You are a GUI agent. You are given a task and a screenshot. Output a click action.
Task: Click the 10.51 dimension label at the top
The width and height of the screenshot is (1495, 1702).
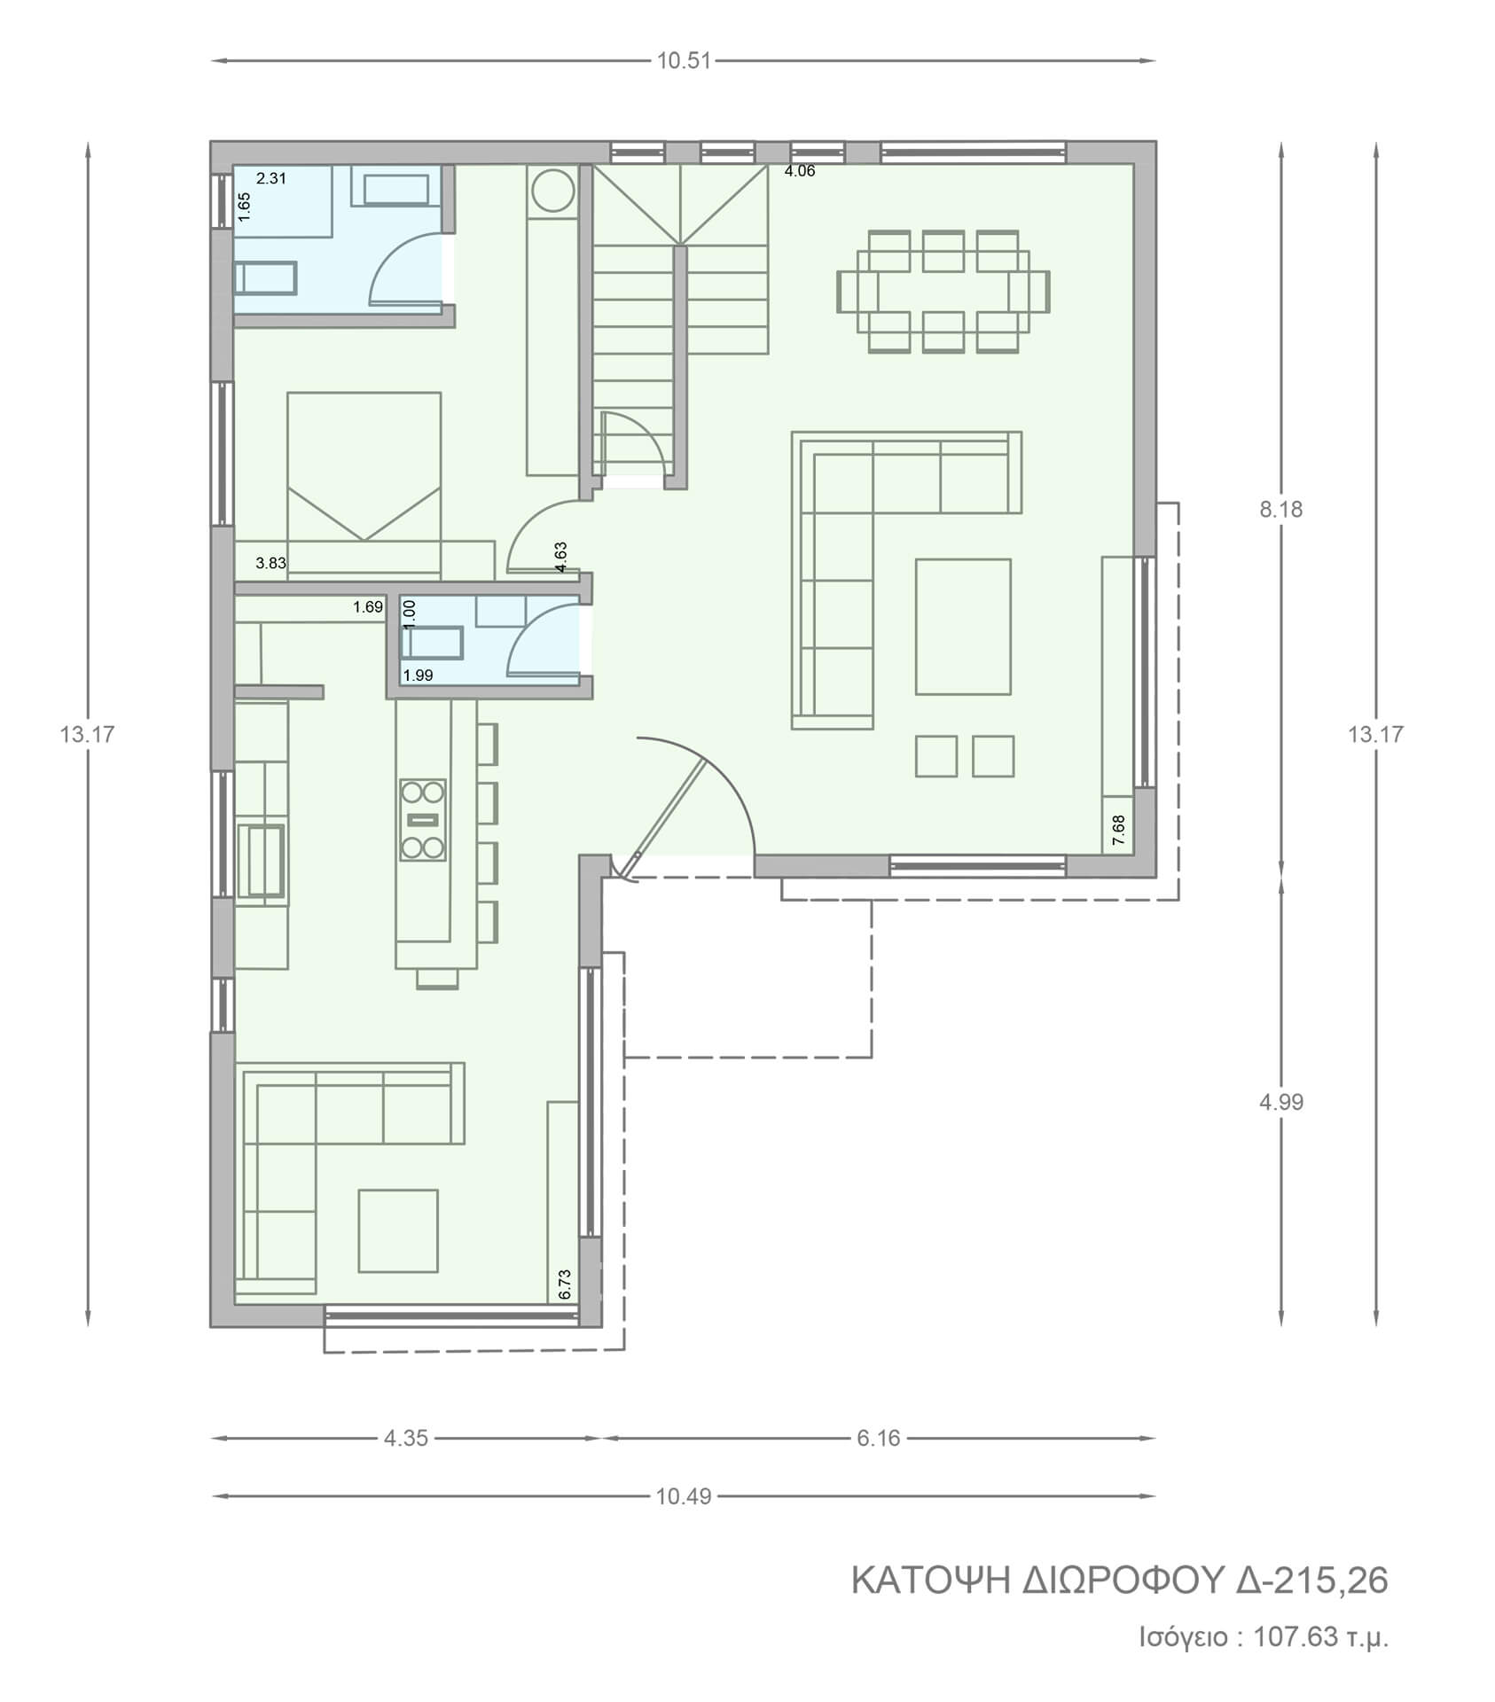click(x=684, y=61)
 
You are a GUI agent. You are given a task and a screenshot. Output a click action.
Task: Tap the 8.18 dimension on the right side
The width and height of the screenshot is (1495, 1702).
click(x=1280, y=510)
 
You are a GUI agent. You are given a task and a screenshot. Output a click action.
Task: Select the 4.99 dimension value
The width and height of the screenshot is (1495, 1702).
click(x=1280, y=1102)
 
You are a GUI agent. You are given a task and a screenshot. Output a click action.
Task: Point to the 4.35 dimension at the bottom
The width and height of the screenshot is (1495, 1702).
click(x=406, y=1438)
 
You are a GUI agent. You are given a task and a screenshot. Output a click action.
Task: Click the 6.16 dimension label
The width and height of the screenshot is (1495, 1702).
click(x=879, y=1438)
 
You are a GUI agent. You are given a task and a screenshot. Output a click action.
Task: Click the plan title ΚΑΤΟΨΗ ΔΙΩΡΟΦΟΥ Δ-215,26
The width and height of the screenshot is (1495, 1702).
click(x=1120, y=1581)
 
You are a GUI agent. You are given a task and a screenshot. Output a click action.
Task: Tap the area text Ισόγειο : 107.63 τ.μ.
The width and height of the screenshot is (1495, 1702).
click(x=1264, y=1636)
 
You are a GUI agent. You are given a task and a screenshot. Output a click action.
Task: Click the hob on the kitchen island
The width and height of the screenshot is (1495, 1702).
click(x=422, y=819)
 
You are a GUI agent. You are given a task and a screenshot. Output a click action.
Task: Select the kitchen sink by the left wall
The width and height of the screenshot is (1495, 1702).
click(x=262, y=860)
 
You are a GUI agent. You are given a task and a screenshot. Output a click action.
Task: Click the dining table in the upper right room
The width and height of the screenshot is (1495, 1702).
click(x=943, y=292)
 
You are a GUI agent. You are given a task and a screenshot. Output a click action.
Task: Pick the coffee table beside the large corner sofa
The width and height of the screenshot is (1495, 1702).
click(x=963, y=626)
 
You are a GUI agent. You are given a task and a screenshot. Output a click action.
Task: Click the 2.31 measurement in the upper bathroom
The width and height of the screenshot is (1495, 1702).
click(x=271, y=178)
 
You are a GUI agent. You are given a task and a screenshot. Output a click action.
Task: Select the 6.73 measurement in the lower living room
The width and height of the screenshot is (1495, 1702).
click(x=566, y=1284)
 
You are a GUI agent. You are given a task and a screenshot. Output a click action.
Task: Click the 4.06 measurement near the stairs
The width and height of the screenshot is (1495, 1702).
click(x=800, y=171)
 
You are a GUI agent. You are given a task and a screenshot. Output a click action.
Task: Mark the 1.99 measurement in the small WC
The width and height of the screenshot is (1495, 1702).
click(x=418, y=675)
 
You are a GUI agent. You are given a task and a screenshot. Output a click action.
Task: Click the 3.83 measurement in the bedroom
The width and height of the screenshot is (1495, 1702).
click(x=270, y=562)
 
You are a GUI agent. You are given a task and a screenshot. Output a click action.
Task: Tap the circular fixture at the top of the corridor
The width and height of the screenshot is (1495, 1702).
click(x=552, y=191)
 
